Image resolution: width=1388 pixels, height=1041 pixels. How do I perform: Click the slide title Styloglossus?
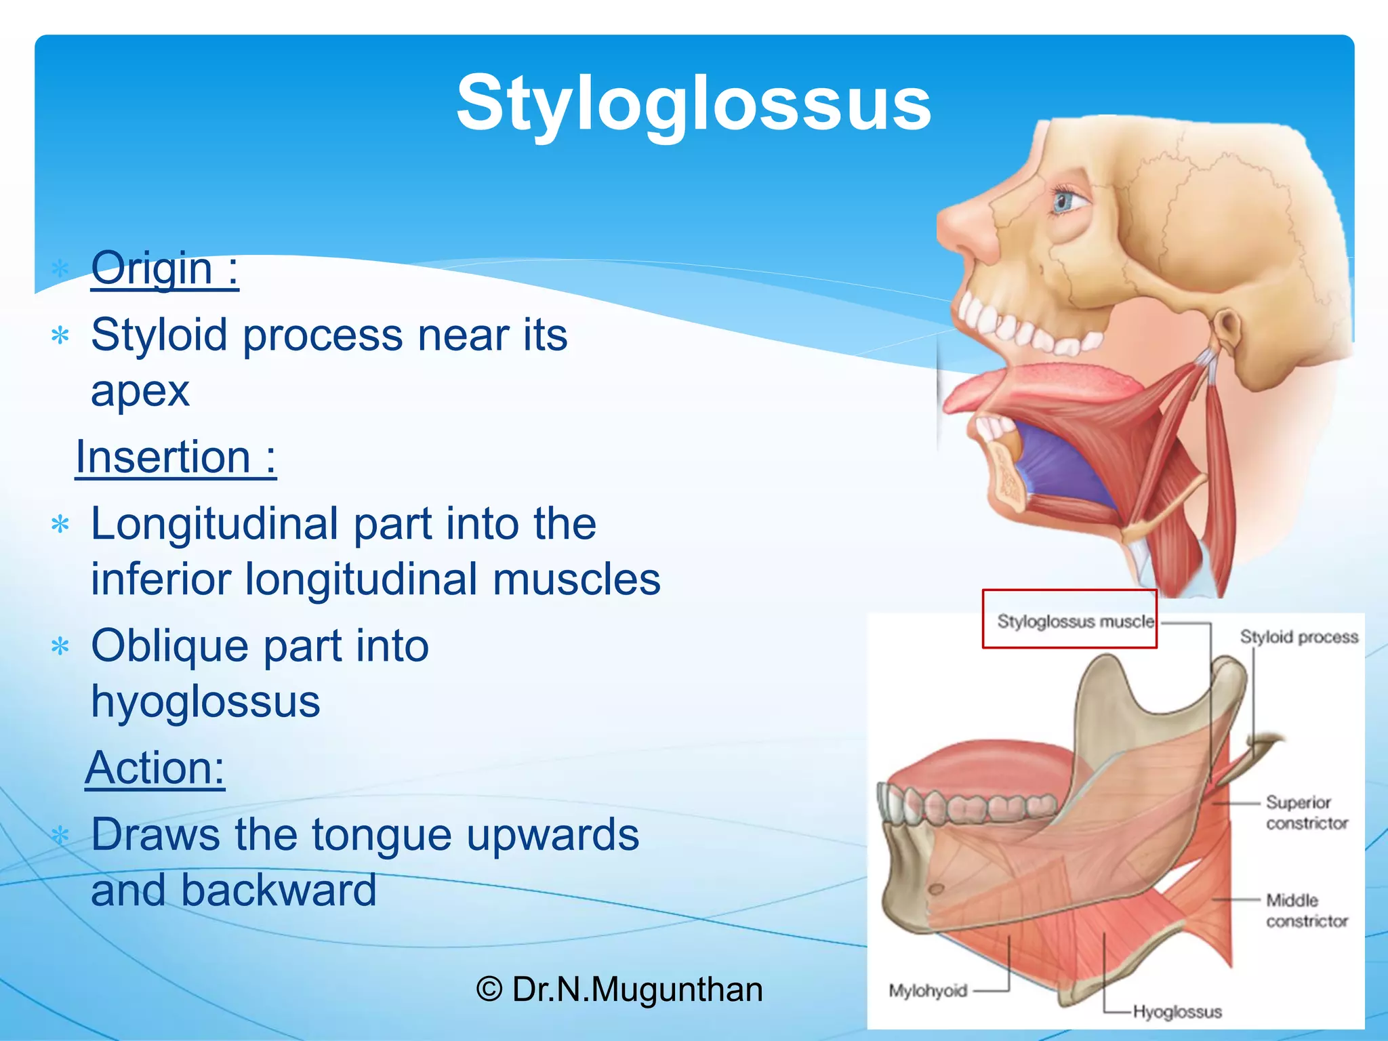[x=693, y=103]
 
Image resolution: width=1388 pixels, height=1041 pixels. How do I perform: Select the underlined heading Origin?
[x=165, y=268]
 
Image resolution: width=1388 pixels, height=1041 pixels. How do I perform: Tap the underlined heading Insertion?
[x=176, y=457]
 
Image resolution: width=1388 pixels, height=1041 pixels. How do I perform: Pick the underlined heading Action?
[x=155, y=768]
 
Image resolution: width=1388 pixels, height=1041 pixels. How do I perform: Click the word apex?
[x=140, y=390]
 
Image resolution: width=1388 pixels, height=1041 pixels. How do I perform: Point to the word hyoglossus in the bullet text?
[x=205, y=701]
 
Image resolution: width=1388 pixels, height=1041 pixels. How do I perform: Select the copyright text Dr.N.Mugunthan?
[x=619, y=989]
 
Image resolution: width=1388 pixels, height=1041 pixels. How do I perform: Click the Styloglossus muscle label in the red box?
[x=1074, y=621]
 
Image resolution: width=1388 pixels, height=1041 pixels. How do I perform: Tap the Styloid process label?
[x=1299, y=637]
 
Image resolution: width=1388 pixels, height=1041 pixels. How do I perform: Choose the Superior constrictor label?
[x=1305, y=812]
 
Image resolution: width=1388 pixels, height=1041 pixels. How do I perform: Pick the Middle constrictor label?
[x=1305, y=910]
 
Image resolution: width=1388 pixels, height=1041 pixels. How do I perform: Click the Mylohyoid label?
[x=927, y=991]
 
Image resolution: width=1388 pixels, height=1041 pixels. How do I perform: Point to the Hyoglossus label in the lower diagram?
[x=1177, y=1012]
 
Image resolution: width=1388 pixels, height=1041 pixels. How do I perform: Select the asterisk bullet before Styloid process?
[x=61, y=336]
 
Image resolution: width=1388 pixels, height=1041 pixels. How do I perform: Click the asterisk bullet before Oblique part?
[x=61, y=647]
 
